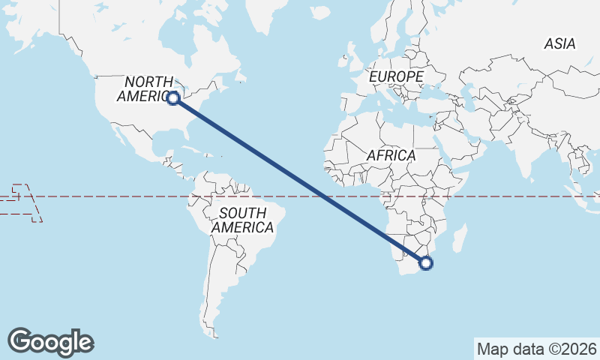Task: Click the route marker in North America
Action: tap(173, 97)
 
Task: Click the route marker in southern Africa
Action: tap(426, 262)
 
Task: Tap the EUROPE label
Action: tap(396, 76)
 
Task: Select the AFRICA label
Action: tap(391, 155)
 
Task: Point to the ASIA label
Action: tap(559, 44)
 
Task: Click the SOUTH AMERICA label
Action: tap(242, 220)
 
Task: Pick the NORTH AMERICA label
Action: tap(148, 88)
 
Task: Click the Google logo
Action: tap(51, 341)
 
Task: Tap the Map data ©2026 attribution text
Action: tap(537, 349)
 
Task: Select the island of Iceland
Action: tap(321, 13)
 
